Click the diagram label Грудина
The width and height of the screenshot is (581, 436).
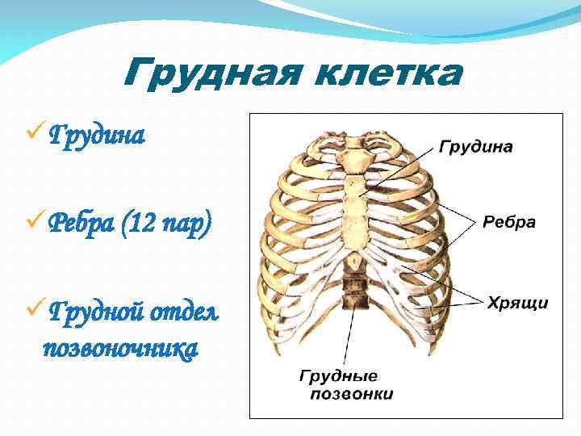(476, 148)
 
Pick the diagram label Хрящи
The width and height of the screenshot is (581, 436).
(517, 303)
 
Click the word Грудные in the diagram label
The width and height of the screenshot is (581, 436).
(339, 376)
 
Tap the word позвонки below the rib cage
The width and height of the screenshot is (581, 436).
(352, 394)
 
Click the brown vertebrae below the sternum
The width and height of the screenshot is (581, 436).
(353, 290)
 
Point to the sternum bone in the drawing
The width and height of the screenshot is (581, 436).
(353, 202)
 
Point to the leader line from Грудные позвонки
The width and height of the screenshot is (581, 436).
(349, 339)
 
